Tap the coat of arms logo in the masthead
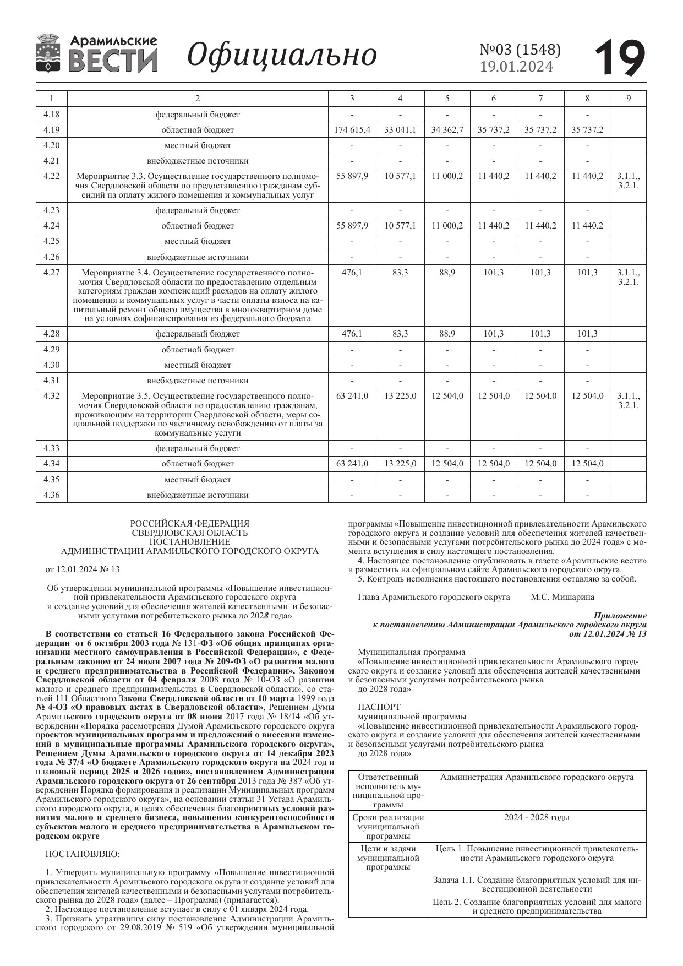pyautogui.click(x=48, y=53)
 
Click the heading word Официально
pyautogui.click(x=282, y=55)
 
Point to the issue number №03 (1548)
pyautogui.click(x=520, y=50)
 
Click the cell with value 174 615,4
pyautogui.click(x=352, y=130)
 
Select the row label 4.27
pyautogui.click(x=51, y=272)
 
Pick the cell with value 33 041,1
pyautogui.click(x=400, y=130)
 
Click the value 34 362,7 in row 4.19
pyautogui.click(x=447, y=130)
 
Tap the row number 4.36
pyautogui.click(x=51, y=495)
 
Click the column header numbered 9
pyautogui.click(x=629, y=99)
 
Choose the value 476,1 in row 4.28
pyautogui.click(x=352, y=334)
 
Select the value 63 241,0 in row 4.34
pyautogui.click(x=352, y=464)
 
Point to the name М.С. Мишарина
pyautogui.click(x=562, y=597)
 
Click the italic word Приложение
pyautogui.click(x=620, y=616)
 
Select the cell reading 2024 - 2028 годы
pyautogui.click(x=537, y=817)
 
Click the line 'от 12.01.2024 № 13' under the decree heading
pyautogui.click(x=83, y=569)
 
